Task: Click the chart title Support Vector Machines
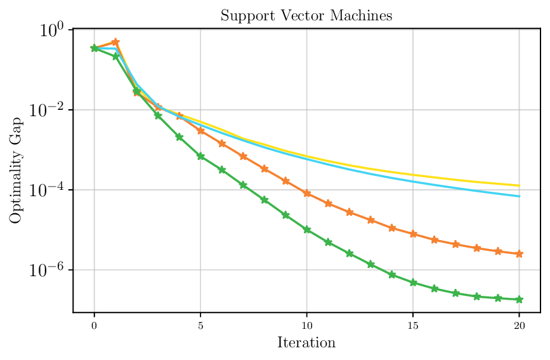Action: pyautogui.click(x=306, y=16)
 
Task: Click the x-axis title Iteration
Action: pyautogui.click(x=306, y=343)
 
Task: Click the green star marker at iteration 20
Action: pyautogui.click(x=520, y=299)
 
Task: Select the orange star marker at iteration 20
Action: pyautogui.click(x=520, y=253)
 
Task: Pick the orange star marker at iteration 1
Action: pyautogui.click(x=115, y=42)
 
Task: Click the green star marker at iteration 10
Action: pyautogui.click(x=307, y=229)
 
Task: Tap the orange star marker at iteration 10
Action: pyautogui.click(x=307, y=193)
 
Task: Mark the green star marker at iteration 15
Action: pyautogui.click(x=413, y=283)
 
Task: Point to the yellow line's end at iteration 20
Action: pyautogui.click(x=520, y=185)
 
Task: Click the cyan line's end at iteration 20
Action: pyautogui.click(x=520, y=196)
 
